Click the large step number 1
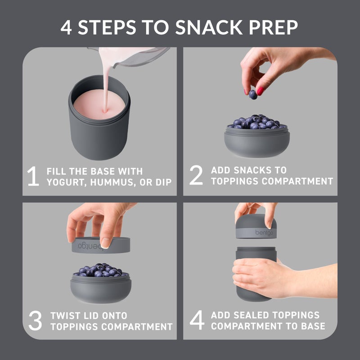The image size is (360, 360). [33, 176]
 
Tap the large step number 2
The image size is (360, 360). [196, 175]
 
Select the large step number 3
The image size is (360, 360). [35, 320]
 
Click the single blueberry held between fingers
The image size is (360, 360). [253, 94]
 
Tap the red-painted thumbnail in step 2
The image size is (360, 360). [260, 90]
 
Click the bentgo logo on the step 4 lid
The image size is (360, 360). [265, 232]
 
